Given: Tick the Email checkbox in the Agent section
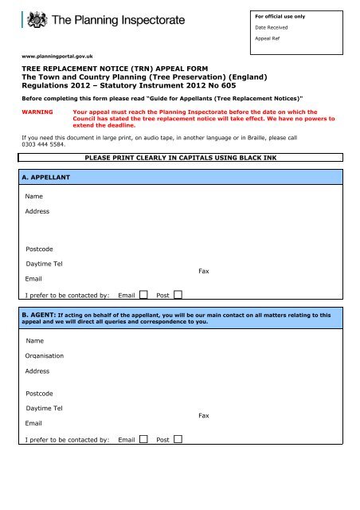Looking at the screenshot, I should (x=143, y=438).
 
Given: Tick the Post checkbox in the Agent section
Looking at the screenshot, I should (x=178, y=438).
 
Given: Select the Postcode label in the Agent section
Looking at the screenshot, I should (x=41, y=393).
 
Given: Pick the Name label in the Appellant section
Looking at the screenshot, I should (x=34, y=195).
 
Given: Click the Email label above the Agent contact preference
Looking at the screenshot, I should (x=33, y=422).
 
